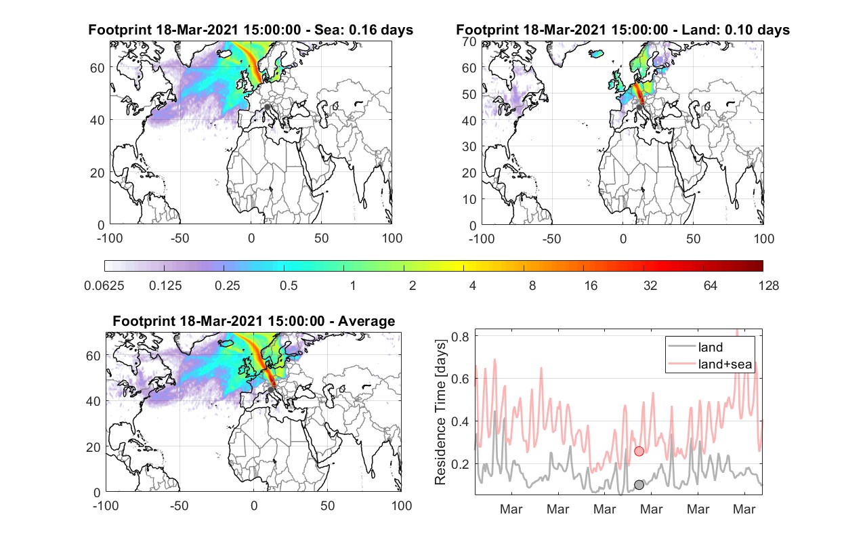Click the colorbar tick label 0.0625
pos(104,286)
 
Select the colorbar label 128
pos(768,286)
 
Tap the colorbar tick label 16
pos(591,286)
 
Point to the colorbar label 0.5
pos(289,286)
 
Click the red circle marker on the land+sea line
pos(639,451)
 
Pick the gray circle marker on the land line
pos(639,485)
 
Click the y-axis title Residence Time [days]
pos(440,413)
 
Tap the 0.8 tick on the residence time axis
pos(460,336)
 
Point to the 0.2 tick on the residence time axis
pos(460,463)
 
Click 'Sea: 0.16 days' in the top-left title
pos(364,30)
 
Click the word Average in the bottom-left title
pos(366,321)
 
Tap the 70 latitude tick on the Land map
pos(469,41)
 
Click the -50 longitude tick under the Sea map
pos(180,238)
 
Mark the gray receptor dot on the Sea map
pos(267,107)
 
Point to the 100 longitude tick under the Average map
pos(401,505)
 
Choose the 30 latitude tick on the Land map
pos(469,146)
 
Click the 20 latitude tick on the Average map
pos(93,447)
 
